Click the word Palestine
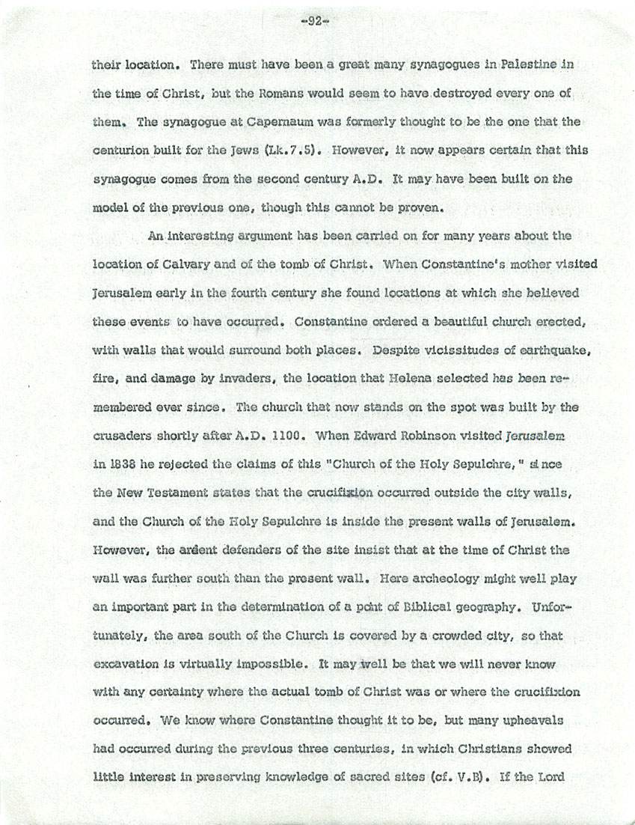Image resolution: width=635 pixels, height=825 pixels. (531, 65)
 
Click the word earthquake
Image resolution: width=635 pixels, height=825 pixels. (530, 351)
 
